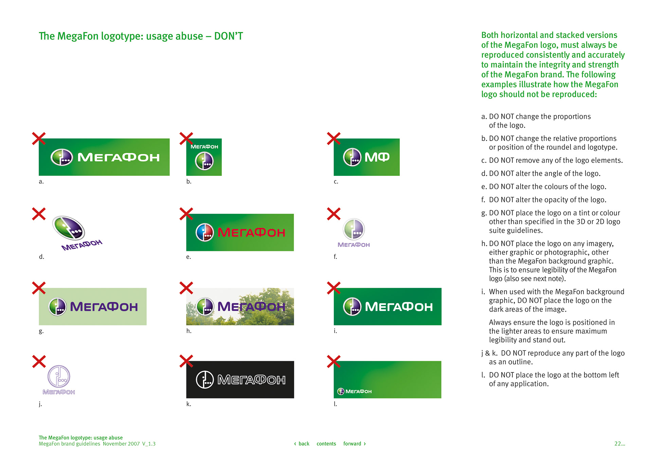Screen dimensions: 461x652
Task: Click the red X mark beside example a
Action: click(x=39, y=139)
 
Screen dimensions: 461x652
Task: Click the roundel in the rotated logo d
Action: click(x=69, y=228)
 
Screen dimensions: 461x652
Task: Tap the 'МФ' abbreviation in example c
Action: click(x=377, y=157)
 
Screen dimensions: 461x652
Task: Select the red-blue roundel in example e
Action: click(x=205, y=233)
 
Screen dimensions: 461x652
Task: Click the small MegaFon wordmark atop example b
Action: click(x=204, y=147)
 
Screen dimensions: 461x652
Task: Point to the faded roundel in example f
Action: click(x=354, y=229)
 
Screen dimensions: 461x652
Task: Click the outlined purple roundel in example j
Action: click(x=59, y=377)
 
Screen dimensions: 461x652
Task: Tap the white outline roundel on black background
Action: click(x=205, y=380)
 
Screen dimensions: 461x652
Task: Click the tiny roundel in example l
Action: click(x=341, y=391)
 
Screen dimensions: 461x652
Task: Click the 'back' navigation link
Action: click(x=302, y=444)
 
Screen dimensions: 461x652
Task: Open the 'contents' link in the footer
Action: click(x=326, y=444)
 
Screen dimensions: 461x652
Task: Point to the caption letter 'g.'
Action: click(x=41, y=331)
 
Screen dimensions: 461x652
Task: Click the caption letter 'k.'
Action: click(x=188, y=404)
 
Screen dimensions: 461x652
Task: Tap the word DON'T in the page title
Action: click(x=229, y=36)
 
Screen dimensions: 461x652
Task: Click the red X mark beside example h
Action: click(x=186, y=288)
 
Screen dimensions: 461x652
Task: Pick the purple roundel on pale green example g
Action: click(x=58, y=307)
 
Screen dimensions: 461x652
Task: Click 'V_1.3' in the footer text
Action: click(x=149, y=444)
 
